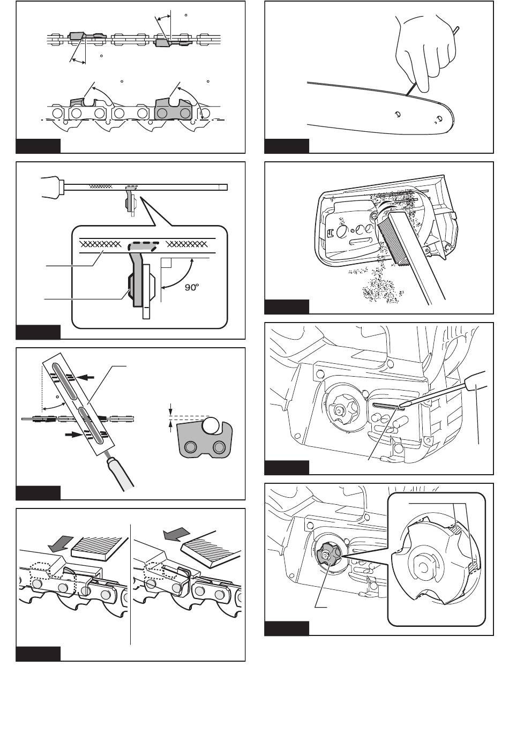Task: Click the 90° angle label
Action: click(191, 287)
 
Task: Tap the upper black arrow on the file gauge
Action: click(87, 378)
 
